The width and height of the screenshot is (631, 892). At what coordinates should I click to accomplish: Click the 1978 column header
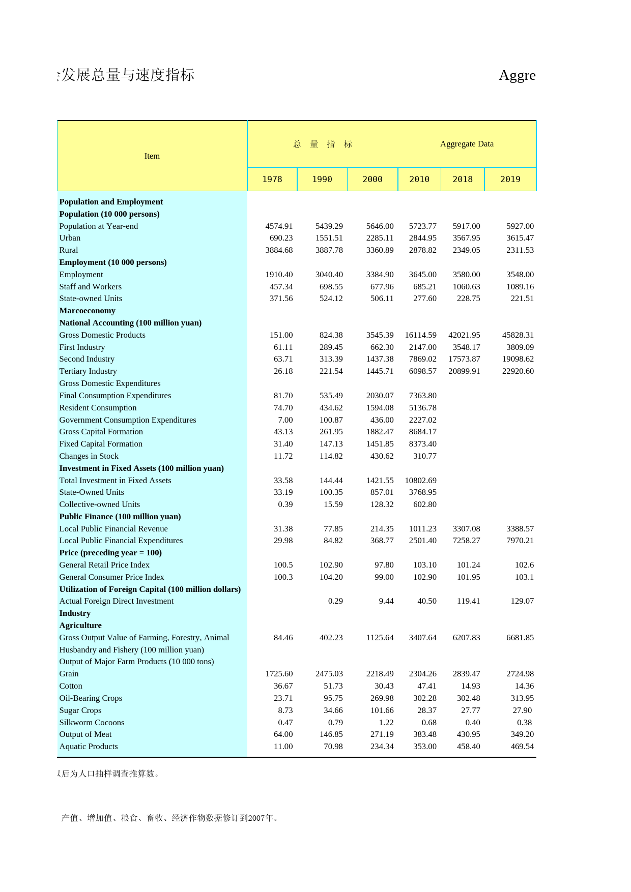click(x=272, y=180)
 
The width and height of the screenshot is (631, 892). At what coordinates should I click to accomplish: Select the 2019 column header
click(x=510, y=180)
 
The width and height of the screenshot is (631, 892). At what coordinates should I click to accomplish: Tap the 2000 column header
click(x=372, y=180)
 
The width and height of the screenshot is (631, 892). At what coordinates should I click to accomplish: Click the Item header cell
click(x=152, y=156)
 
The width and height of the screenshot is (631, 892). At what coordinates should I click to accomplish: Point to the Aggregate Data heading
click(x=467, y=144)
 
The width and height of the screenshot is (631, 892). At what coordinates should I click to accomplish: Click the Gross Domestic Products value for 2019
click(x=518, y=335)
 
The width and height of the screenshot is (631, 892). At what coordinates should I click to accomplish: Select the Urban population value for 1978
click(x=281, y=238)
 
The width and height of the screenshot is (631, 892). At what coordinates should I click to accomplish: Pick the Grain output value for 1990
click(x=329, y=674)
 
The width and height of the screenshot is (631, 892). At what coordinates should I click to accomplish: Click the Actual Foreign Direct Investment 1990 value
click(x=335, y=601)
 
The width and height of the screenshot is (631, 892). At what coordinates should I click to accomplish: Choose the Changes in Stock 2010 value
click(x=424, y=456)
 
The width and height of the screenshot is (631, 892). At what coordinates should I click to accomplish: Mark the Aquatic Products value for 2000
click(x=382, y=747)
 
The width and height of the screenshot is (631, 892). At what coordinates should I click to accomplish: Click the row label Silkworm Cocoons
click(x=92, y=723)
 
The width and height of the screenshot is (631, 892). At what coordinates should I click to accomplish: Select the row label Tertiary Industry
click(x=88, y=371)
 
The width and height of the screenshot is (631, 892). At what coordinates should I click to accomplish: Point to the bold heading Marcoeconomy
click(x=87, y=311)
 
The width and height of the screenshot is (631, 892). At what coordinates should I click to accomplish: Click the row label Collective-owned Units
click(x=99, y=504)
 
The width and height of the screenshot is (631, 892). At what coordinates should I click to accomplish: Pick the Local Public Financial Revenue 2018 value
click(x=466, y=529)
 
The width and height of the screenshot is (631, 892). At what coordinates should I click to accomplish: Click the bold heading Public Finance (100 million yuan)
click(x=120, y=517)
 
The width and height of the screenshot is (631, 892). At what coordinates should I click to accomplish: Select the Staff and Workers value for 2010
click(x=424, y=287)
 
